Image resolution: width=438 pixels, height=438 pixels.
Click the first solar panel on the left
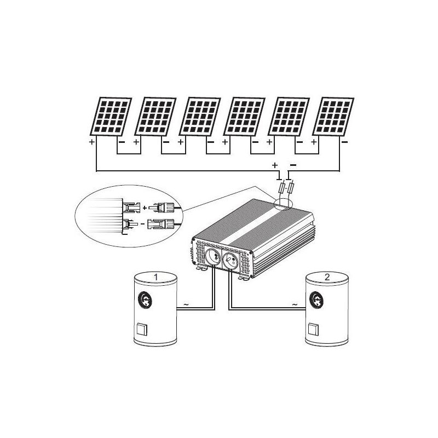(x=111, y=117)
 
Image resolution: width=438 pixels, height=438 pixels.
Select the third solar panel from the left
(x=200, y=117)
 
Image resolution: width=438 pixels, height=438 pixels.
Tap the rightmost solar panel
(x=333, y=117)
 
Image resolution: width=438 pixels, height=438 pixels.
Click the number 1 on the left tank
(x=156, y=277)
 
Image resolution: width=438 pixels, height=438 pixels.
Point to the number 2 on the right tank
(x=327, y=277)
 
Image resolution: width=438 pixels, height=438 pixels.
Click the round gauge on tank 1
(x=145, y=300)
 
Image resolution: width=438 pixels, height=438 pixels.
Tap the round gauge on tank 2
(x=316, y=300)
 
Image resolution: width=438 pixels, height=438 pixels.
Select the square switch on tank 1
(x=142, y=330)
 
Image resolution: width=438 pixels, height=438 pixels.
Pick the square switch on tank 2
(x=313, y=330)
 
